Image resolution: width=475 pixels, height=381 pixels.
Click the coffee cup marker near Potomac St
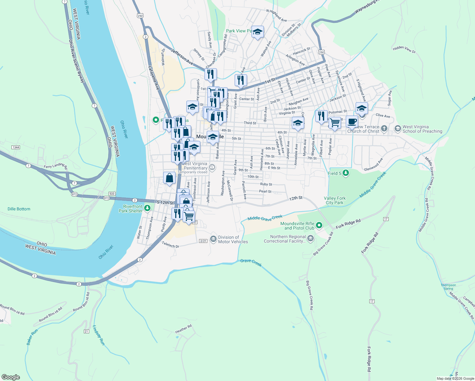point(352,121)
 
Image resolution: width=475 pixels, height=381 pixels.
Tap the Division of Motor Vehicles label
point(233,239)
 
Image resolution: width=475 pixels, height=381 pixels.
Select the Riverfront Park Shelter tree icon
point(147,208)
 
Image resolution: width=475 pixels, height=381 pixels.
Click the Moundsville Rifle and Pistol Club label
point(297,226)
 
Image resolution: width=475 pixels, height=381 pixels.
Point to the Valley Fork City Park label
point(335,200)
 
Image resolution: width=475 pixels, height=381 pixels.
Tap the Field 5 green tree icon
point(346,173)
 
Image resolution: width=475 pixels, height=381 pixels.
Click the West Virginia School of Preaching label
point(422,129)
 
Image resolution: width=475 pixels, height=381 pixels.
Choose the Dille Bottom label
point(19,209)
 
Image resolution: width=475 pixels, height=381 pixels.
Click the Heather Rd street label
point(184,329)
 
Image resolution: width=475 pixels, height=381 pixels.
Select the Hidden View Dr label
point(404,49)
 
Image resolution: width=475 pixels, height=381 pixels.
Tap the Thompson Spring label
point(448,287)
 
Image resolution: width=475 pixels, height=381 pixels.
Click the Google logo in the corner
point(11,377)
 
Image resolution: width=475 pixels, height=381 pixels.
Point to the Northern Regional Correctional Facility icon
point(310,238)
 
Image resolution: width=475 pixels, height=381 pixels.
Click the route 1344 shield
point(16,147)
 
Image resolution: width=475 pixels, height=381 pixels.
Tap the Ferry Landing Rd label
point(56,166)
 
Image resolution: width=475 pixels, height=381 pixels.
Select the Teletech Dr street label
point(171,244)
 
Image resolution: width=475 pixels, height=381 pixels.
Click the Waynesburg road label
point(367,6)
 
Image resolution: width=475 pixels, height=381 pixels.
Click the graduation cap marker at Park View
point(258,32)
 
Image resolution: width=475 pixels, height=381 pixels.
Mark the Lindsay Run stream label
point(99,335)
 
